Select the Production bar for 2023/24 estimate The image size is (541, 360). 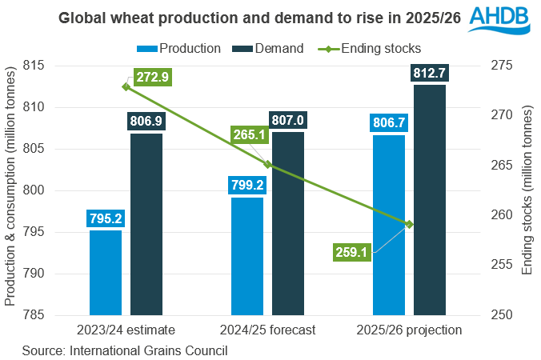[x=106, y=272]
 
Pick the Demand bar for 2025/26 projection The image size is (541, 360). [x=430, y=200]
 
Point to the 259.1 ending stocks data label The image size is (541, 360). [x=353, y=253]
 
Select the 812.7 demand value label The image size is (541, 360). [x=430, y=74]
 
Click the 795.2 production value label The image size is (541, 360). [x=106, y=218]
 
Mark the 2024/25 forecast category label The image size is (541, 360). [x=267, y=330]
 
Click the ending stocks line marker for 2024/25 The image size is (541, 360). [x=268, y=165]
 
